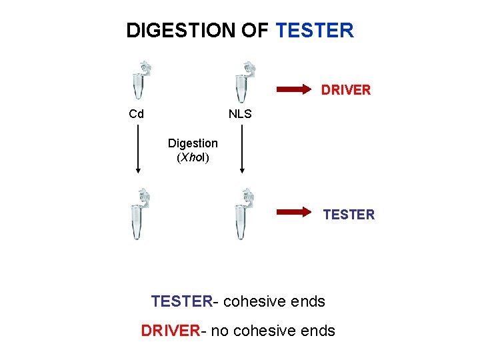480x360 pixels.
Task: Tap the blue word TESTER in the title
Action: coord(314,31)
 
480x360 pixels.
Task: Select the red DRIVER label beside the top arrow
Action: coord(346,90)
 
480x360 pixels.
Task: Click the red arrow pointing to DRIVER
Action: coord(294,88)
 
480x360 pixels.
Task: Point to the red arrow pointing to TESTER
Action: coord(294,213)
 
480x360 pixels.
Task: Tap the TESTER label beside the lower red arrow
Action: coord(349,215)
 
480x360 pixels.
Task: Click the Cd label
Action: coord(136,114)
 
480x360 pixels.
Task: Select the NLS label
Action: coord(240,114)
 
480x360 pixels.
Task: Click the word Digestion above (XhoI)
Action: coord(193,143)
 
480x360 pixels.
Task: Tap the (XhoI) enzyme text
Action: coord(193,158)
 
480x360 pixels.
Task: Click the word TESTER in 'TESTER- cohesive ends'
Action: coord(181,302)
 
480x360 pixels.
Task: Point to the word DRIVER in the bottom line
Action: coord(170,331)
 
